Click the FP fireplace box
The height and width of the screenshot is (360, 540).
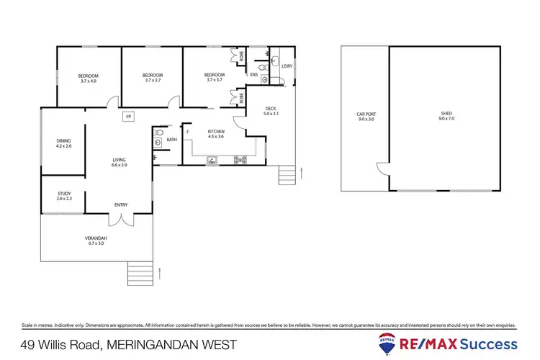tap(129, 116)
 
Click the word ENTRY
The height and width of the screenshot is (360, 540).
tap(121, 205)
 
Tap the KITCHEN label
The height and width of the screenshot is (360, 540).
tap(217, 132)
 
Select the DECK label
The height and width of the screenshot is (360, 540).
tap(260, 109)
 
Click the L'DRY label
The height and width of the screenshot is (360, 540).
tap(287, 66)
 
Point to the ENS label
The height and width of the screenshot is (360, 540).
tap(254, 74)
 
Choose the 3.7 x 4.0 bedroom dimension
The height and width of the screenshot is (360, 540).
tap(89, 81)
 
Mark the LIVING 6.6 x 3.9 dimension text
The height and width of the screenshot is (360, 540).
tap(119, 166)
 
